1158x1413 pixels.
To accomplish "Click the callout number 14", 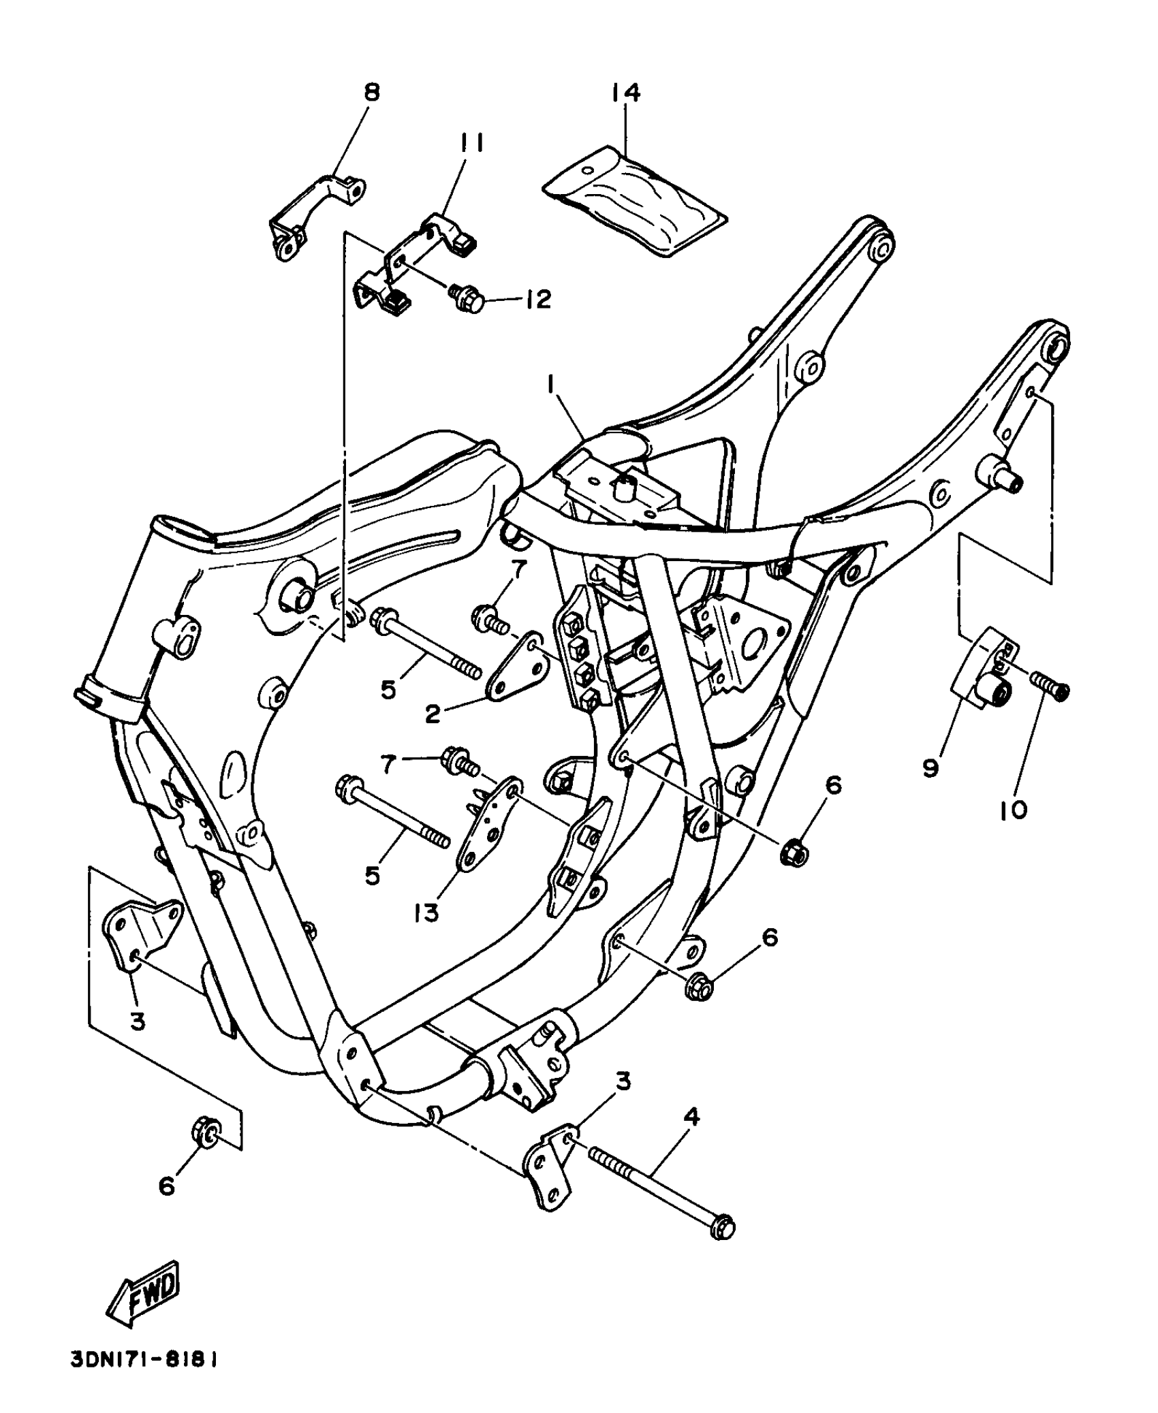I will click(x=625, y=92).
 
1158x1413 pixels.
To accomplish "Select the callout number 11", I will click(x=471, y=143).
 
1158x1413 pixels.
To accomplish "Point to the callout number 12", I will click(x=537, y=300).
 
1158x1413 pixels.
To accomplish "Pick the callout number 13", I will click(x=426, y=912).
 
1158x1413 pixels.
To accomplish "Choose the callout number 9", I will click(x=930, y=767).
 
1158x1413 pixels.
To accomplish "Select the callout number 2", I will click(x=433, y=714).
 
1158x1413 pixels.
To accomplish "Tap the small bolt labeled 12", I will click(x=466, y=298).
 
